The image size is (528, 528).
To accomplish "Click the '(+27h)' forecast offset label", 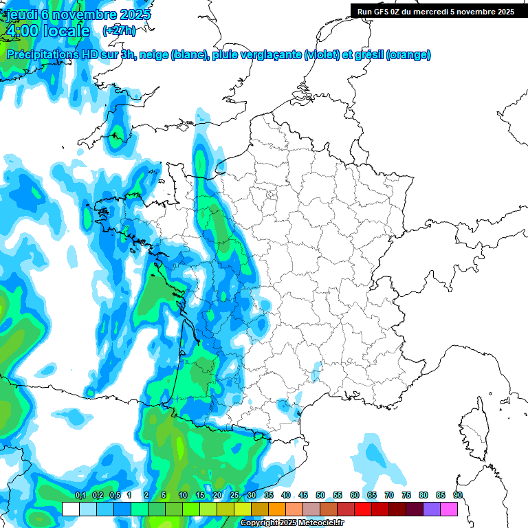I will [x=119, y=30].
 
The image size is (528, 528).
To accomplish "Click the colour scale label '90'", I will [x=457, y=495].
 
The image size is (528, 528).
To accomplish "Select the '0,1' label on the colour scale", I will [x=80, y=495].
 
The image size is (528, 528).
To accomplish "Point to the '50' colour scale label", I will [x=320, y=495].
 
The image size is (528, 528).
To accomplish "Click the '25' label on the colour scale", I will [x=234, y=495].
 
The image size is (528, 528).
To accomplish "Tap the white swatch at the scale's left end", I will [x=70, y=509].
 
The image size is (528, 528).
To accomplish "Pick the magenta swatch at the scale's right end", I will [x=449, y=509].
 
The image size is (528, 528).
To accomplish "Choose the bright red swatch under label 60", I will [x=363, y=509].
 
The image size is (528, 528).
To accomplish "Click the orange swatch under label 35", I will [x=277, y=509].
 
